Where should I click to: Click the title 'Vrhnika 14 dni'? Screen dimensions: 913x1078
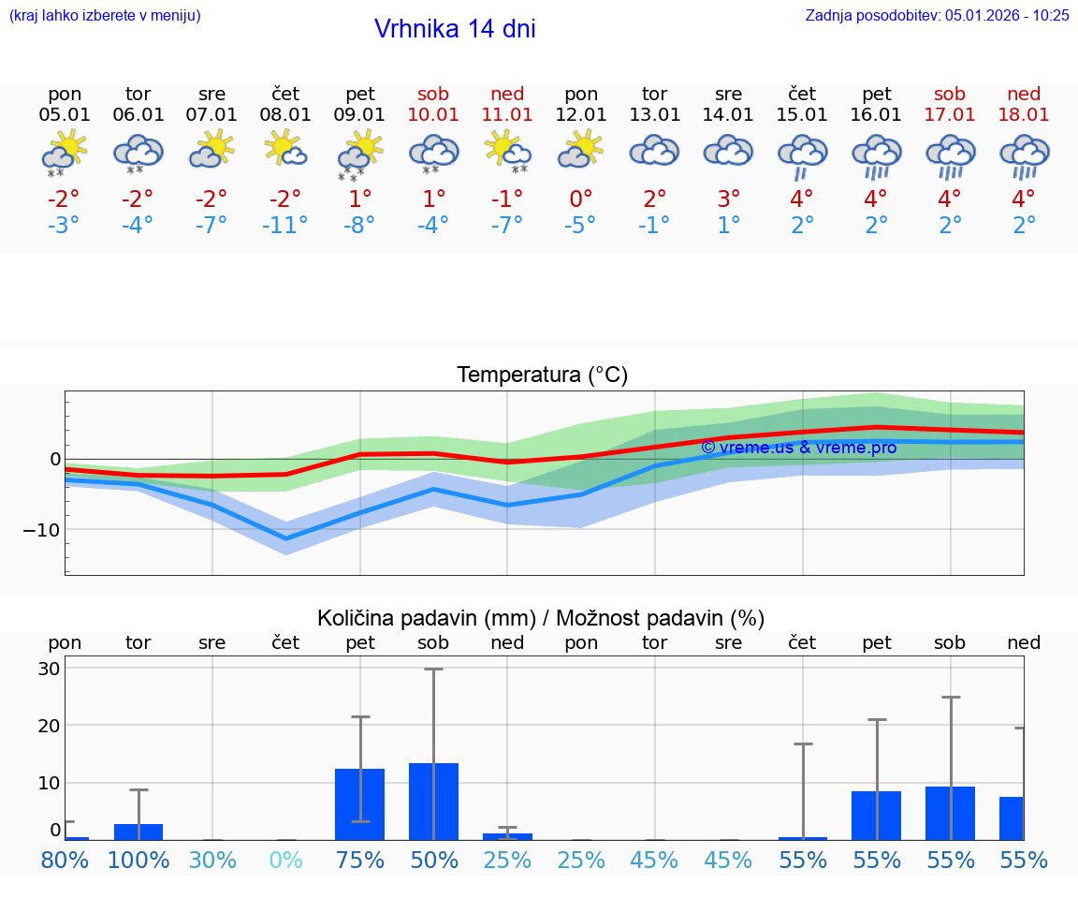pos(455,29)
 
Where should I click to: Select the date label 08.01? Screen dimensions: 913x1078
pos(285,114)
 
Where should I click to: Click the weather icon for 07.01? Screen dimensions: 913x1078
pos(211,150)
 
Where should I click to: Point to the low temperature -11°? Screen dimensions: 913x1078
pos(285,226)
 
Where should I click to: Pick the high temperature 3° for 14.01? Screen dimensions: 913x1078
pos(728,199)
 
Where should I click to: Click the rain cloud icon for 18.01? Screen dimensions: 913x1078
pos(1024,155)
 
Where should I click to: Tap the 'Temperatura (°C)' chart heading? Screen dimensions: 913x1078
pos(542,375)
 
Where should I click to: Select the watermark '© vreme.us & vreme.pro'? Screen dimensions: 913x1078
pos(798,448)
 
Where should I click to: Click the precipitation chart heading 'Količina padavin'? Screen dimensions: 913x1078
pos(541,618)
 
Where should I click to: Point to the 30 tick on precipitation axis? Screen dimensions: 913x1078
pos(49,669)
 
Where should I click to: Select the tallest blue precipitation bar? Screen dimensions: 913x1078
pos(433,801)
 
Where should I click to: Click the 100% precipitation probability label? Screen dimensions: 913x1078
pos(138,861)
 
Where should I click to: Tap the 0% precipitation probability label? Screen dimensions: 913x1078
pos(285,861)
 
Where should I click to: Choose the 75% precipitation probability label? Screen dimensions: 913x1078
pos(360,861)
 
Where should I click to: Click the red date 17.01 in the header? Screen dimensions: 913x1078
pos(950,114)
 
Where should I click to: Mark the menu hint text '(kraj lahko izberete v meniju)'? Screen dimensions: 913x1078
pos(105,15)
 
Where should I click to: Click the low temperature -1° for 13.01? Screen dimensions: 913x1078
pos(654,226)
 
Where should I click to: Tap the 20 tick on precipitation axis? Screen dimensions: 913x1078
pos(49,726)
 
